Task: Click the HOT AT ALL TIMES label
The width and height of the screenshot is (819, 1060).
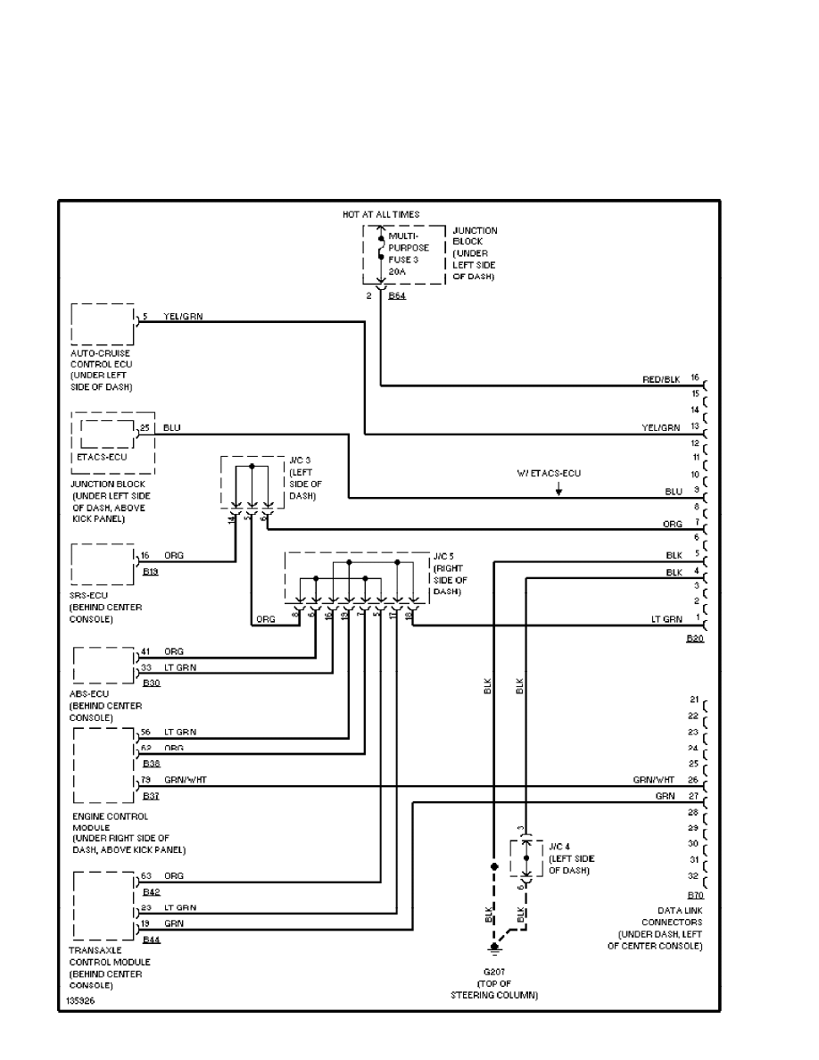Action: (x=381, y=214)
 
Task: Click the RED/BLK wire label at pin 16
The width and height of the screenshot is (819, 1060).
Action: (x=661, y=379)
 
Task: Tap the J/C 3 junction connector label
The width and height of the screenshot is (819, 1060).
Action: (x=304, y=477)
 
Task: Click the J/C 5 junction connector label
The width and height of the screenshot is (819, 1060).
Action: (x=449, y=573)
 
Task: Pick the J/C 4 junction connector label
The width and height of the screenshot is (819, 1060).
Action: (x=570, y=858)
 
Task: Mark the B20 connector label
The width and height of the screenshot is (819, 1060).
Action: (x=695, y=639)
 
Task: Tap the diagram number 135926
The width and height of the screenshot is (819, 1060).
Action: (x=79, y=1001)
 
